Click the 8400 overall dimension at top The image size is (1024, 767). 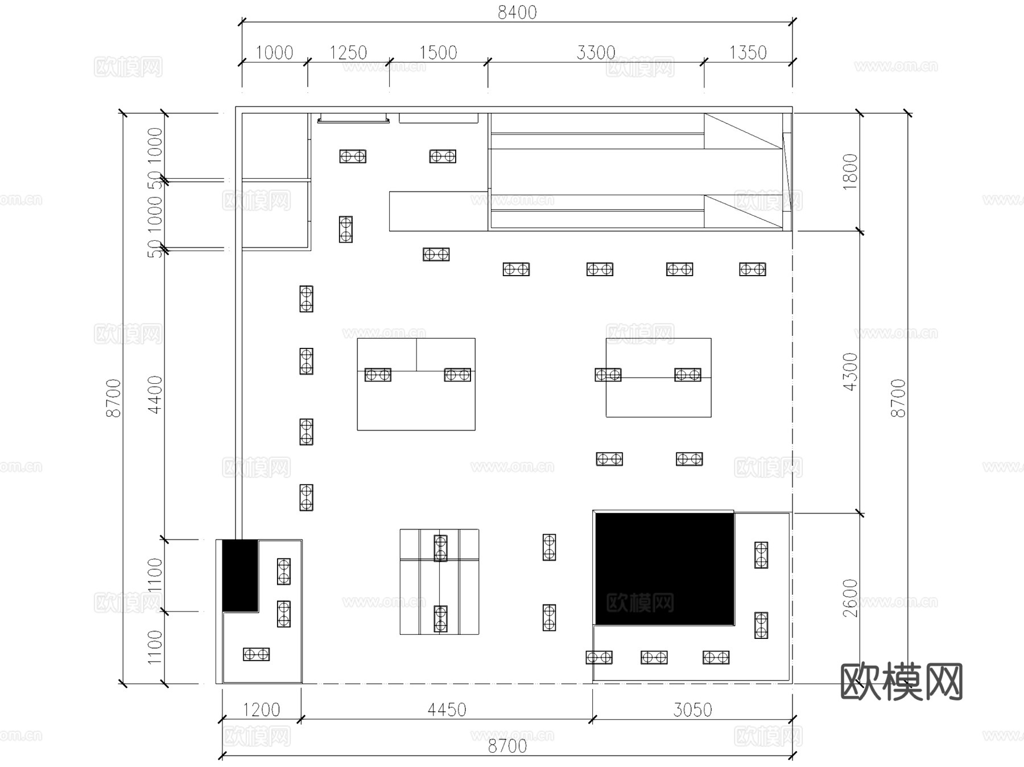coord(517,13)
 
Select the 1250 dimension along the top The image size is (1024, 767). coord(348,53)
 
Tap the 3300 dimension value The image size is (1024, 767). coord(596,53)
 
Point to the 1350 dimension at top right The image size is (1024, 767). coord(748,53)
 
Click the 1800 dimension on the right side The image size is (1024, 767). coord(849,171)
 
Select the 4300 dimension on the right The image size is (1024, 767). coord(849,372)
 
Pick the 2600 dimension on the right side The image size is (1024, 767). coord(849,597)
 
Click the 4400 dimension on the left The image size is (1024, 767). coord(155,394)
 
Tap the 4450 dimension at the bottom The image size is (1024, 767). coord(447,709)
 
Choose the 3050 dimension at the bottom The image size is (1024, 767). coord(692,709)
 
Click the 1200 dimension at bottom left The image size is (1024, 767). coord(261,709)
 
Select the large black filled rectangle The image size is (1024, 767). coord(664,568)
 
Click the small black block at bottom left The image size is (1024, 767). coord(240,575)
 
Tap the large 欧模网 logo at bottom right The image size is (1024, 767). coord(901,681)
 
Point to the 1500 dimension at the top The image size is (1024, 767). coord(438,53)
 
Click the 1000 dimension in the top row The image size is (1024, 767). coord(274,53)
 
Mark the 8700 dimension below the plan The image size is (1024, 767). coord(507,746)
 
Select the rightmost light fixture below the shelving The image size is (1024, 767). coord(752,269)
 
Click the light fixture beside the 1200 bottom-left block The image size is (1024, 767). coord(256,654)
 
